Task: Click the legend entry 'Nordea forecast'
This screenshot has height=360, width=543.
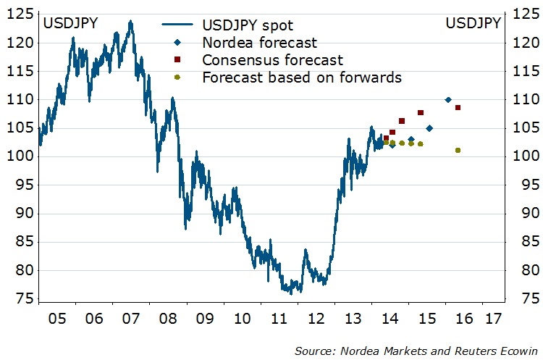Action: [260, 43]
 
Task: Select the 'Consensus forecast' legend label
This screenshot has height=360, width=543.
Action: [273, 60]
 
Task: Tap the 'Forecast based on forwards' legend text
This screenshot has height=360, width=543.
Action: [302, 77]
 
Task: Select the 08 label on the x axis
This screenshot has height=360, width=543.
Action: [168, 318]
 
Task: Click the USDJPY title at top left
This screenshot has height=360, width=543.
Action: [71, 23]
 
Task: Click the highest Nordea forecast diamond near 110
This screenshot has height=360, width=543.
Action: [448, 100]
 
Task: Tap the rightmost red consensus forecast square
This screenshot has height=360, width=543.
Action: [458, 108]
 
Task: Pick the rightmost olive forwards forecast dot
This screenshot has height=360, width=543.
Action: [458, 151]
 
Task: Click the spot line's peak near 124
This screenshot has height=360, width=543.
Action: [130, 22]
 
